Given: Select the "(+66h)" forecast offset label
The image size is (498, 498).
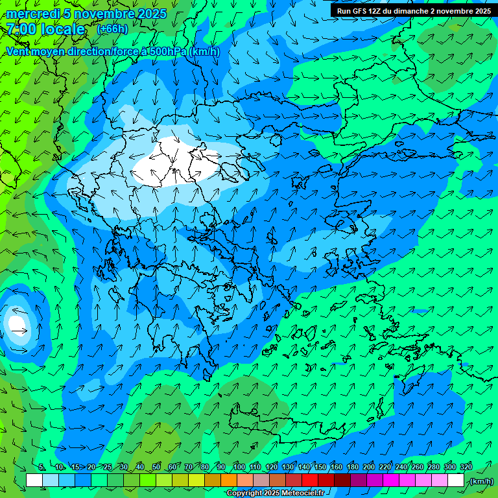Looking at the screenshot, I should click(112, 29).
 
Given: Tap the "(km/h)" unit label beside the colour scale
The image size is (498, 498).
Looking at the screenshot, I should click(481, 480).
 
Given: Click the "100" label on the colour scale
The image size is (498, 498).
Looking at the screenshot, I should click(239, 468).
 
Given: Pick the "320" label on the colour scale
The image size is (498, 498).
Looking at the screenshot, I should click(466, 468).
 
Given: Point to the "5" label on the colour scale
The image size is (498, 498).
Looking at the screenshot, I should click(42, 468).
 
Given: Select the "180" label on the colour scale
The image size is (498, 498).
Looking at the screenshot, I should click(352, 468).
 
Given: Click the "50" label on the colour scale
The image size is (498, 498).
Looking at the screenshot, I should click(156, 468).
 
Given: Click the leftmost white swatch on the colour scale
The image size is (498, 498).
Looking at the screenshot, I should click(34, 480).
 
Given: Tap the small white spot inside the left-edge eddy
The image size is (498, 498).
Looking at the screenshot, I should click(16, 322).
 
